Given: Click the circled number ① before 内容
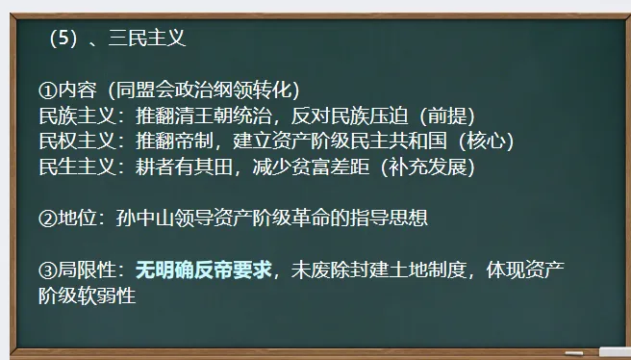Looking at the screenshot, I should click(48, 90).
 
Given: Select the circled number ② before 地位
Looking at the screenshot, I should click(48, 219).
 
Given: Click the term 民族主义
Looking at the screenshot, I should click(77, 116).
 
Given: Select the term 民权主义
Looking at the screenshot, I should click(77, 141).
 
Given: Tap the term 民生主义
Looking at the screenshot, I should click(77, 167).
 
